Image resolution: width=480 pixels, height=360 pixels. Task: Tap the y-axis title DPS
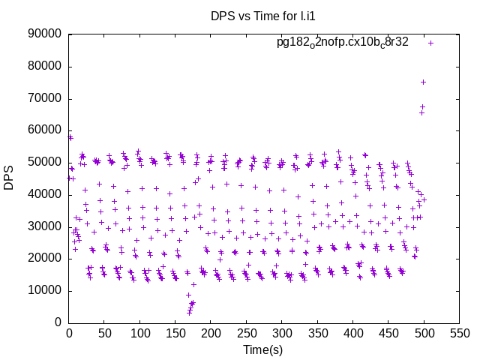pyautogui.click(x=9, y=178)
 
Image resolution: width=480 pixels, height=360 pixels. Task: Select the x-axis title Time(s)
pyautogui.click(x=262, y=349)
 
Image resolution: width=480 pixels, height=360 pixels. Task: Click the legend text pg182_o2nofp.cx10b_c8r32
pyautogui.click(x=343, y=42)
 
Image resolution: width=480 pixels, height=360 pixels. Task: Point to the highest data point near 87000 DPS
pyautogui.click(x=430, y=43)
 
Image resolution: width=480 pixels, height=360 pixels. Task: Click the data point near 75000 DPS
pyautogui.click(x=423, y=82)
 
